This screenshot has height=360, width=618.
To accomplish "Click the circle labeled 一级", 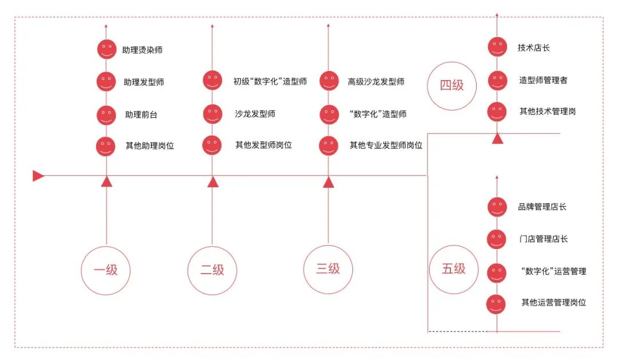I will tap(106, 270).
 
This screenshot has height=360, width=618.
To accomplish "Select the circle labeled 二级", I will tap(212, 270).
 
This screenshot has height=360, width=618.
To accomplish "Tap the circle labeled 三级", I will tap(328, 269).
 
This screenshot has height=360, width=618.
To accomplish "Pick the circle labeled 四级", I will tap(452, 86).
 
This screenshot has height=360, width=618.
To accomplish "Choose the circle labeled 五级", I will tap(453, 269).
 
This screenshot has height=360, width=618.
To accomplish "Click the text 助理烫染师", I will tap(142, 50).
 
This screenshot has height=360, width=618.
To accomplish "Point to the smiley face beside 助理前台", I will tap(106, 115).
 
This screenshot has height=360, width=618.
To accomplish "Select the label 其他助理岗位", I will tap(150, 145).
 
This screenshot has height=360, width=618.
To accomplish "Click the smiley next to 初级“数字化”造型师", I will tap(212, 80).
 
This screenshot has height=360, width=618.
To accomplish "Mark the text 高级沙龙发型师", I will tap(376, 81).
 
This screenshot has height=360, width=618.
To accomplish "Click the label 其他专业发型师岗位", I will tap(386, 145).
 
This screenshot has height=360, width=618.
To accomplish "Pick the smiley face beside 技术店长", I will tap(497, 47).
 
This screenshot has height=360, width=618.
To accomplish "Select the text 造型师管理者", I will tap(543, 80).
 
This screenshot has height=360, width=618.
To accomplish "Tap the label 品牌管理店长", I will tap(542, 207).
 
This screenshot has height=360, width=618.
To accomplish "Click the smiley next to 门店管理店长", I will tap(497, 239).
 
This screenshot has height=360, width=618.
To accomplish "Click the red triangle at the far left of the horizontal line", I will tap(38, 176).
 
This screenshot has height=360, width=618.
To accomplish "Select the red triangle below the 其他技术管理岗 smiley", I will tap(498, 139).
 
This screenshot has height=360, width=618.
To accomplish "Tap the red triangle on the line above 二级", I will tap(213, 182).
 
